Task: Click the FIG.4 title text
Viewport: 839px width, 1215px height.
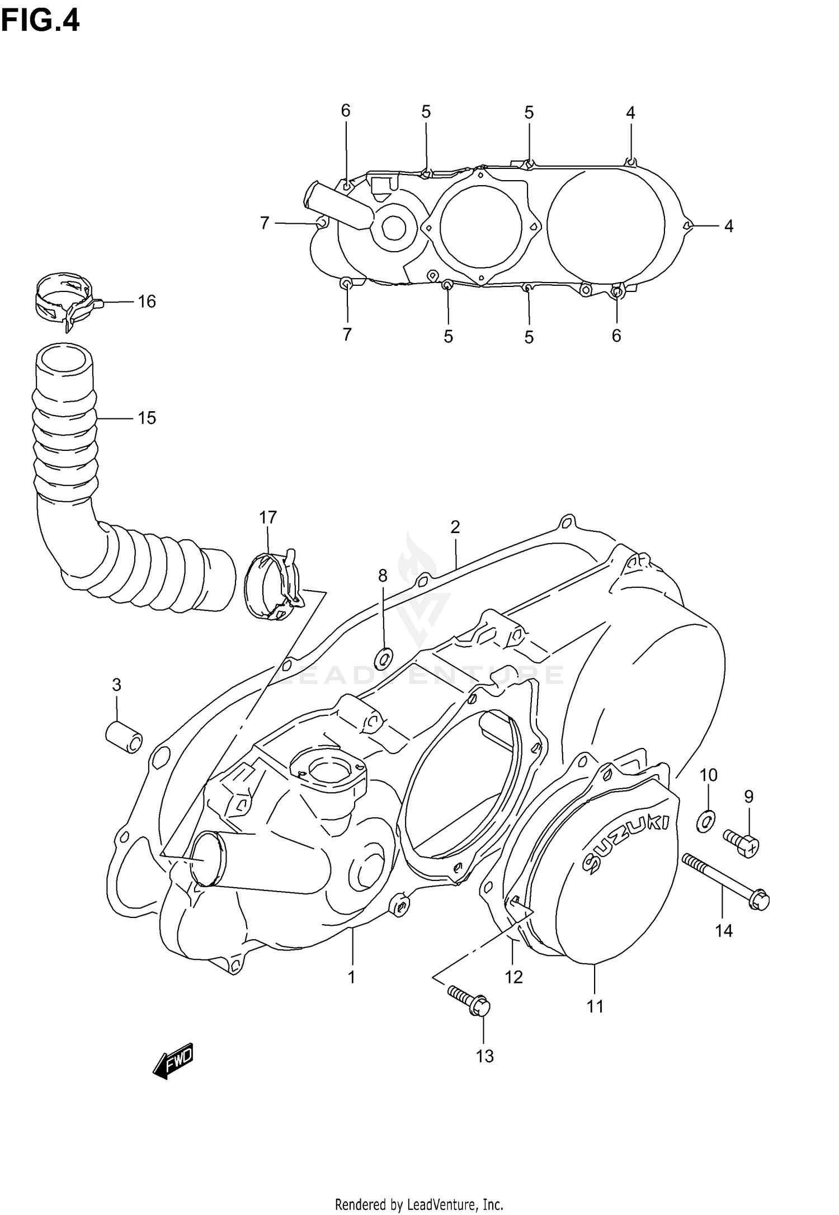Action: point(40,21)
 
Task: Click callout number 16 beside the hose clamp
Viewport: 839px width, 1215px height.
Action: point(147,302)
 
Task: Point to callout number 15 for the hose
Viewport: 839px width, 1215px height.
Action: point(147,418)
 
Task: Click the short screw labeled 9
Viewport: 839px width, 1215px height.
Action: point(742,842)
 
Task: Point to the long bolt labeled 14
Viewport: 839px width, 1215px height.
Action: point(725,882)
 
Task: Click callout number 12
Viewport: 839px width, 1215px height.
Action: point(513,977)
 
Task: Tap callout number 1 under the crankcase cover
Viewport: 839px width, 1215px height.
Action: point(351,977)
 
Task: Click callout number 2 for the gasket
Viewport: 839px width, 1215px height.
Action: point(455,526)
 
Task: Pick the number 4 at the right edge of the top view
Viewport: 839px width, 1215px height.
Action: point(728,226)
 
